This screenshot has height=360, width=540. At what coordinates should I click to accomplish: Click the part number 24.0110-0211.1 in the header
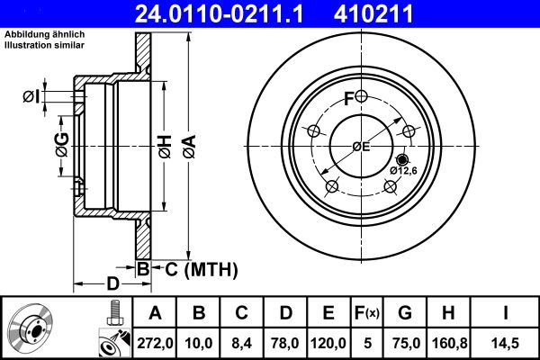coord(232,14)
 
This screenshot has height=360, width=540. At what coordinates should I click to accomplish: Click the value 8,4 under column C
coord(240,343)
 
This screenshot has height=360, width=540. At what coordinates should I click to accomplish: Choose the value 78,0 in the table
coord(284,343)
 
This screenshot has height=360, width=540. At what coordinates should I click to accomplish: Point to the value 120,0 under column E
coord(328,343)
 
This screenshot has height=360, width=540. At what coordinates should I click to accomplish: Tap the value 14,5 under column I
coord(505,343)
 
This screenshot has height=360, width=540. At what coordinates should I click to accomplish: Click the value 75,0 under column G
coord(404,343)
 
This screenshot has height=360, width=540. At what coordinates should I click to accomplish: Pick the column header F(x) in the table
coord(366,313)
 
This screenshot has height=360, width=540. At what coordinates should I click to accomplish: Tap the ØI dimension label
coord(32,96)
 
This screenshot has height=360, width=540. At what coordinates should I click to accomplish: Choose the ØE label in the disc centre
coord(361,146)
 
